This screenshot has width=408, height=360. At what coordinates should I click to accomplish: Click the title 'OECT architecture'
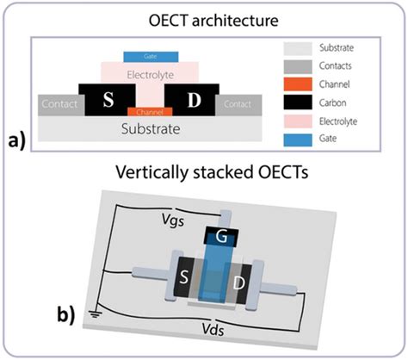tap(204, 16)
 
